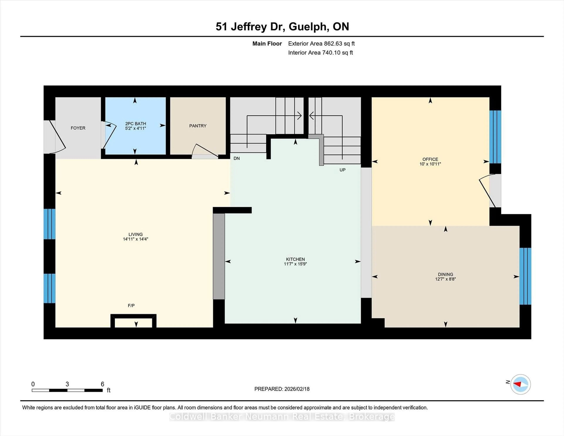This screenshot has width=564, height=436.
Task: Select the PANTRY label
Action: (198, 126)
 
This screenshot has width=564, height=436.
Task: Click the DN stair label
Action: (237, 158)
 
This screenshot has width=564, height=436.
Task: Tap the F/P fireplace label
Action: (131, 306)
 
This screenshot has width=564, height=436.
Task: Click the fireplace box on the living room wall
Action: (133, 322)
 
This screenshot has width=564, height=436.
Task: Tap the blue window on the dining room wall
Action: (525, 276)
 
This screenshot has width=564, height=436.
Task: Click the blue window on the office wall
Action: (495, 137)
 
